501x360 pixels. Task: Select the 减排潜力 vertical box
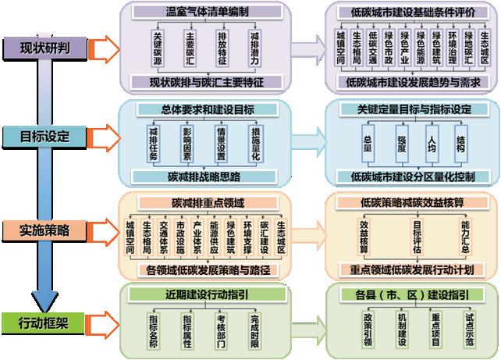point(255,48)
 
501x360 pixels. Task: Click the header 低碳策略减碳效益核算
point(410,202)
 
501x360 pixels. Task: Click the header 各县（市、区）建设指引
point(410,294)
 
